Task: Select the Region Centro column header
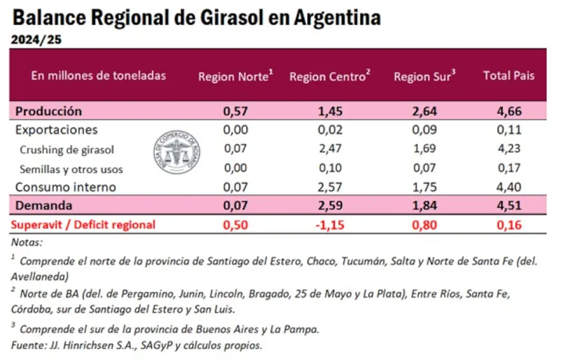click(329, 77)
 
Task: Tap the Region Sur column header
click(424, 77)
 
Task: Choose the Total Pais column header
click(508, 76)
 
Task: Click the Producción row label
click(48, 111)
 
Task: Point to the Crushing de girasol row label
click(67, 150)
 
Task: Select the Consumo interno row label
click(65, 187)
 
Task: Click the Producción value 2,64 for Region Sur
click(425, 111)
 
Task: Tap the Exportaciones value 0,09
click(425, 130)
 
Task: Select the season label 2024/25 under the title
click(36, 40)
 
